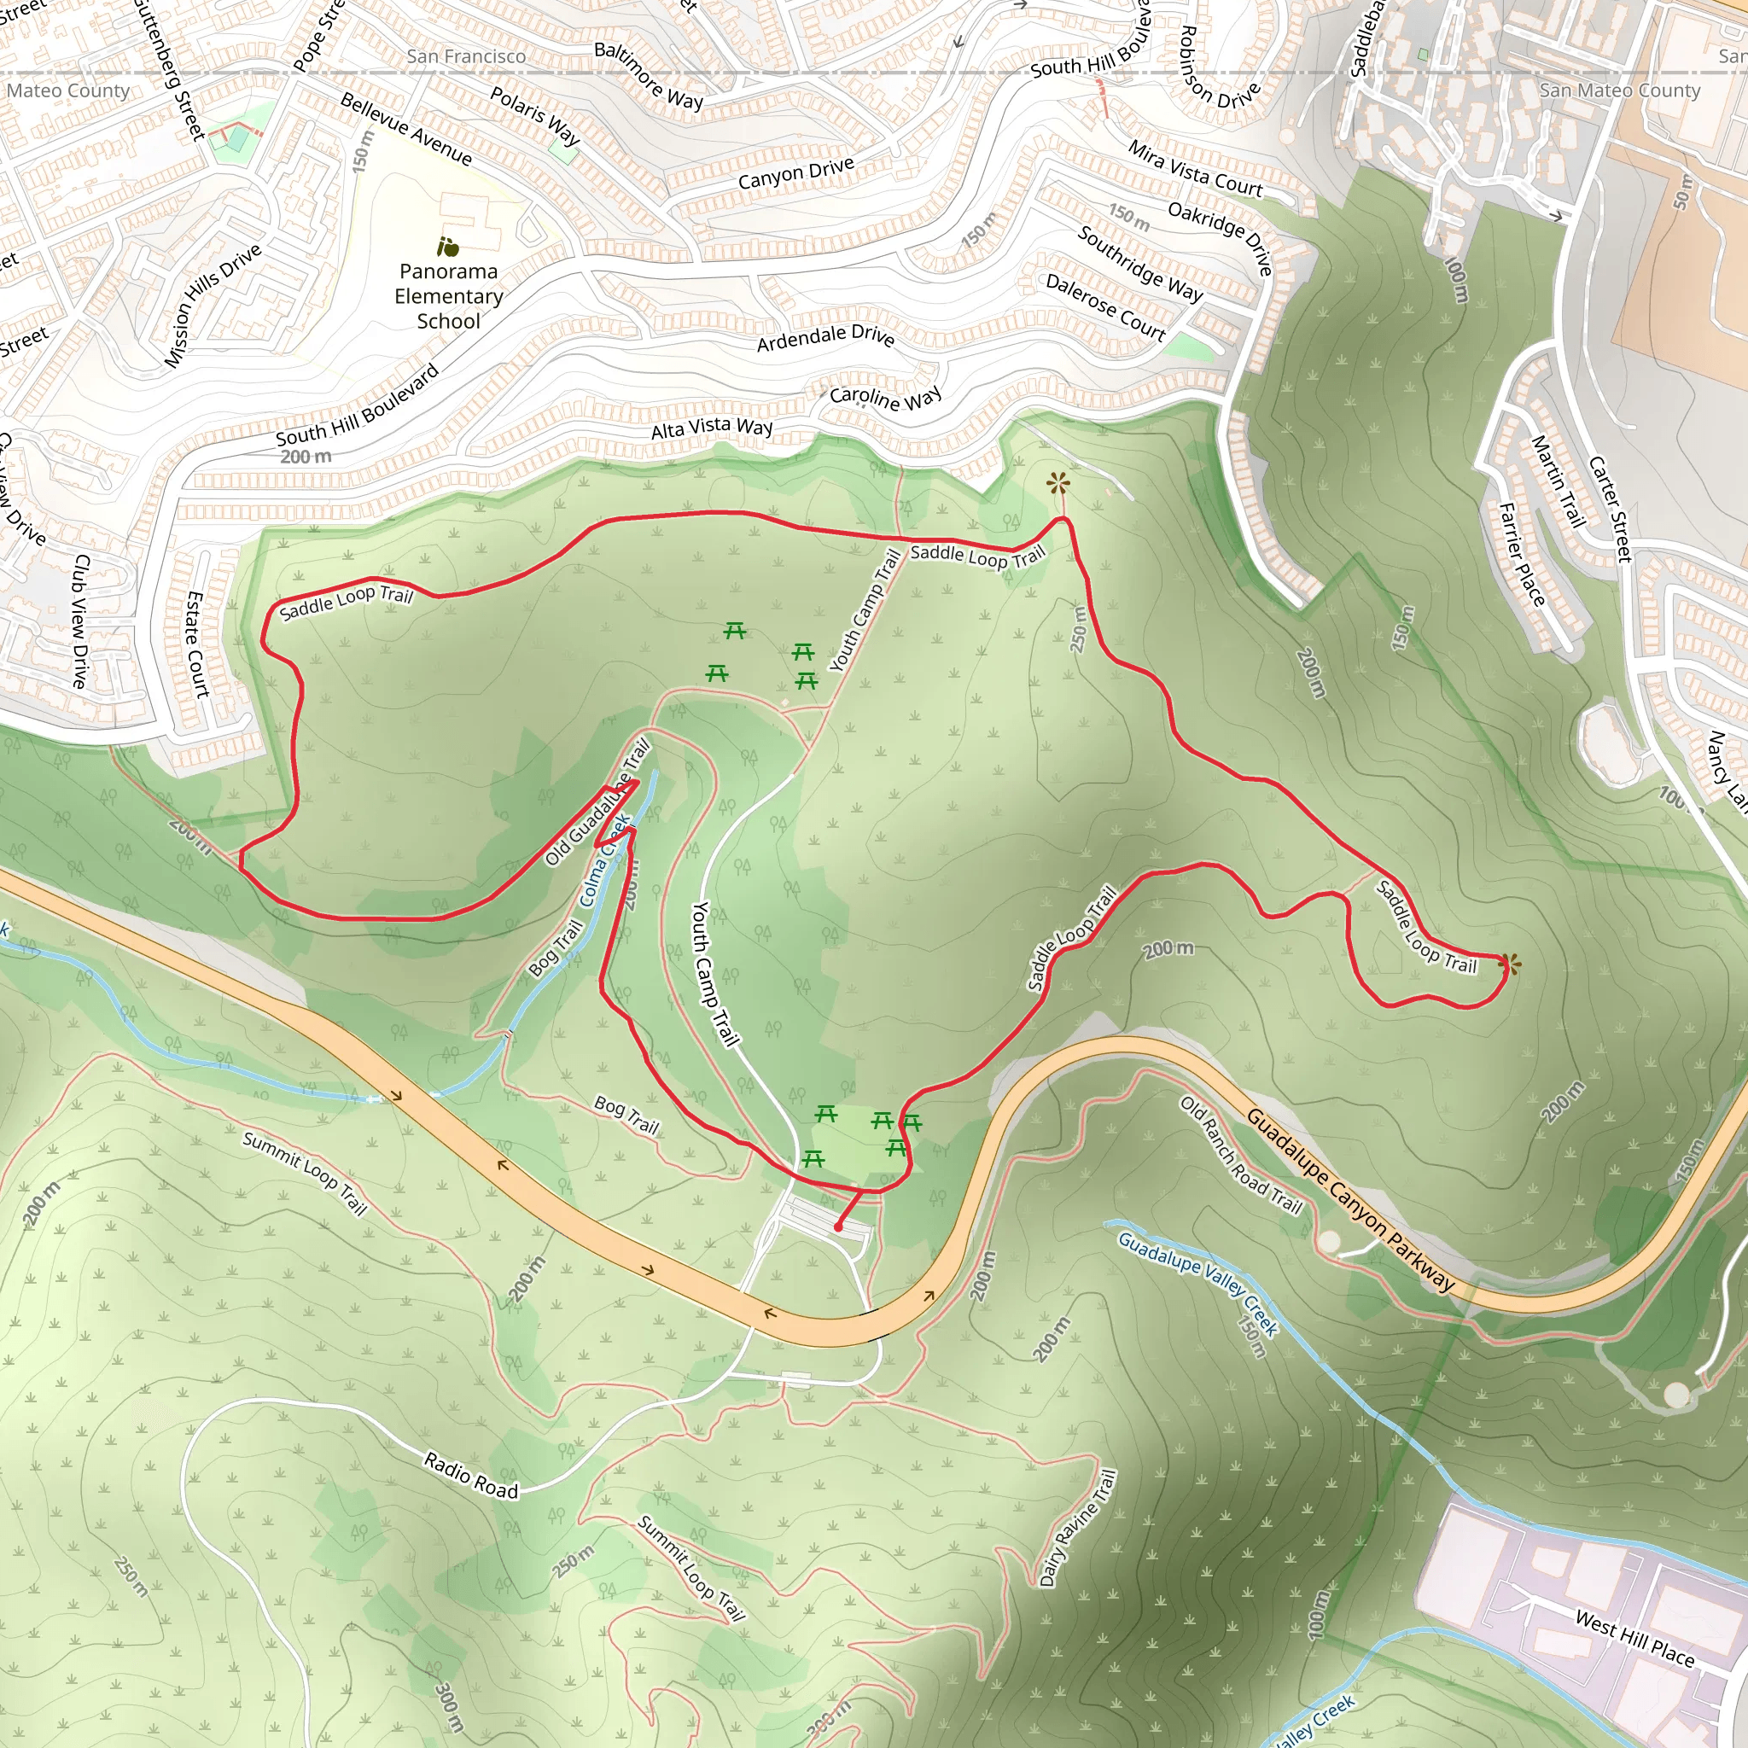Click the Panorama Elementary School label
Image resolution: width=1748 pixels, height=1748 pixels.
click(449, 296)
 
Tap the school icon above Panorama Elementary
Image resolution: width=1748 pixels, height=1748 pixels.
click(447, 246)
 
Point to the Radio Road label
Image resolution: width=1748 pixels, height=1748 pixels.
click(470, 1475)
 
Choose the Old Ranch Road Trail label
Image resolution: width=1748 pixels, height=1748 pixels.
click(1240, 1155)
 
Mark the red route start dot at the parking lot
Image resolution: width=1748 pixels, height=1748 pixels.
click(839, 1227)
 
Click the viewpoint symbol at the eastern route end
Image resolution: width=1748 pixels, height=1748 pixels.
click(1508, 964)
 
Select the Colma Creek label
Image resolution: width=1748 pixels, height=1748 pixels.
click(605, 860)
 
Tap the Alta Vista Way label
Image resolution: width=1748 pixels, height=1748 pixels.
click(712, 427)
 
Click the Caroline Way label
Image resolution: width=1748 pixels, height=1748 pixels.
click(886, 397)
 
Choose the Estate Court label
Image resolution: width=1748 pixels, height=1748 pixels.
click(196, 644)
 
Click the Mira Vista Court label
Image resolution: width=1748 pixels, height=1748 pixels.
click(1194, 168)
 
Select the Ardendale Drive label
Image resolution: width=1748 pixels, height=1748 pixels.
click(825, 338)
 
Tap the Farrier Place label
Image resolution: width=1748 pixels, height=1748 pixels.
click(1522, 554)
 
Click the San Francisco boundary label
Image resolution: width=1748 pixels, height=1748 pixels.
click(466, 56)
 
